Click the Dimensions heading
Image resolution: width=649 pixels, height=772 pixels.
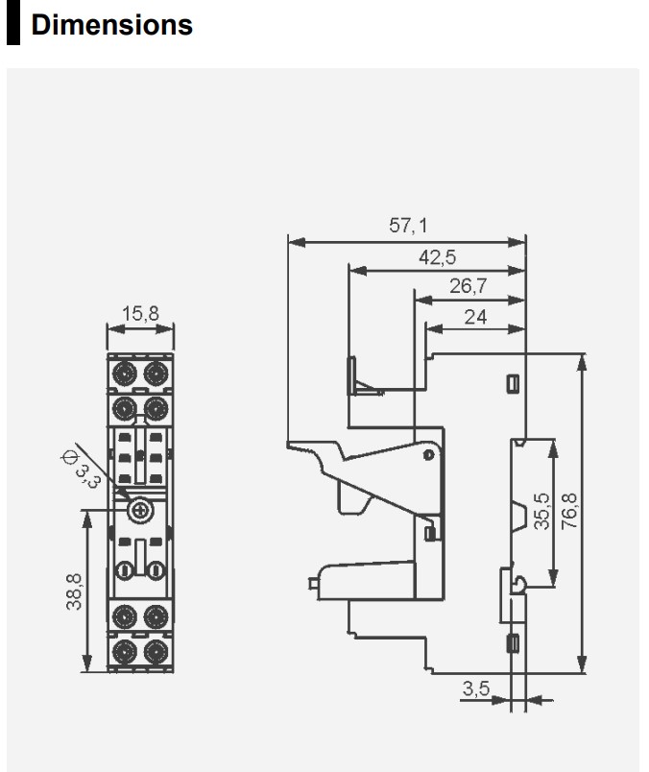tap(111, 25)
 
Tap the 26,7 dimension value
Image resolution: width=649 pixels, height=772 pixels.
tap(469, 286)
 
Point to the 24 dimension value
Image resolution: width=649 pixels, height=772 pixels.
tap(475, 316)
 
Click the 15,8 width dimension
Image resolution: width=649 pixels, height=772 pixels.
tap(140, 313)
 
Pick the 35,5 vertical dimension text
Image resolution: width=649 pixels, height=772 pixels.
tap(542, 511)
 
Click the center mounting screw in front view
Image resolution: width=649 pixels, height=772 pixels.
tap(141, 511)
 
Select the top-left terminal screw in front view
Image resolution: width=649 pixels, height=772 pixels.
tap(124, 371)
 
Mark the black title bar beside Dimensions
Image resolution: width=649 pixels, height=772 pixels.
tap(12, 26)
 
